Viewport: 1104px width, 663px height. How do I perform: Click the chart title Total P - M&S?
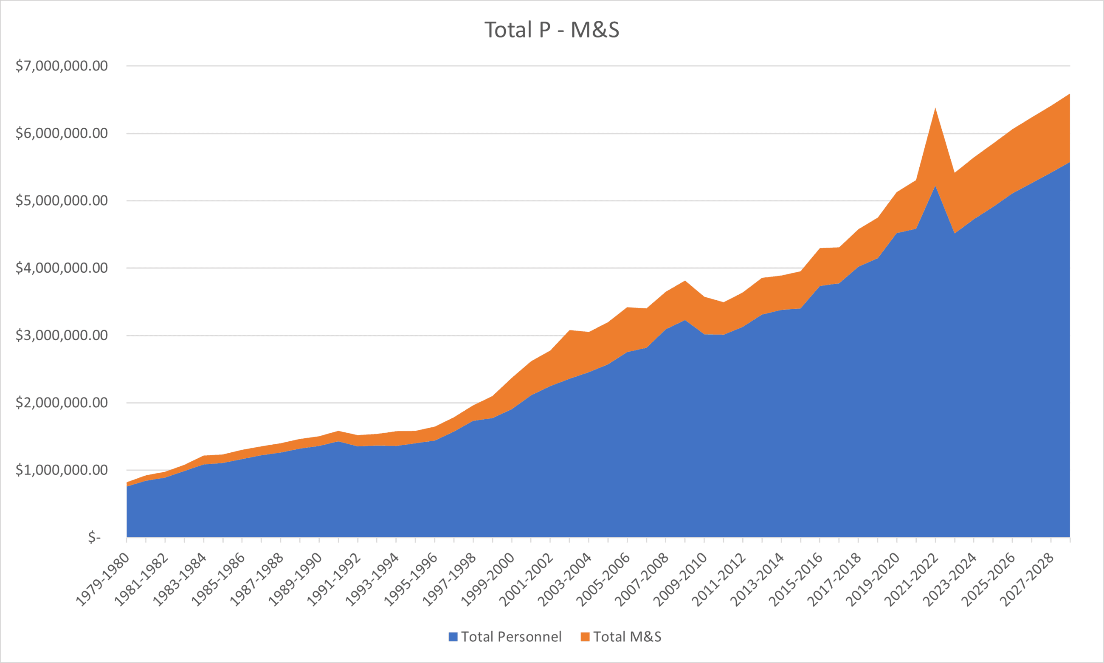pos(552,30)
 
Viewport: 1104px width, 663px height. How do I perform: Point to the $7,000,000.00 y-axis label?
pos(62,66)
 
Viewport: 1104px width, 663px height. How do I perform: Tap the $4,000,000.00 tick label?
pos(62,268)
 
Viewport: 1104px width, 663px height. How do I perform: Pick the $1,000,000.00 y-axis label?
pos(62,470)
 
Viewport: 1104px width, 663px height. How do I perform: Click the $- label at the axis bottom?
pos(94,537)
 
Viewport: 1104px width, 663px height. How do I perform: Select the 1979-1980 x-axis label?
pos(103,580)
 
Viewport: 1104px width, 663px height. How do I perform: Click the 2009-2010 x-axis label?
pos(680,580)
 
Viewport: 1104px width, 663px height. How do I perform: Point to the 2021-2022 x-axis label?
pos(912,580)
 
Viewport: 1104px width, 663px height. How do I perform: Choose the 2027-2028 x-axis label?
pos(1027,580)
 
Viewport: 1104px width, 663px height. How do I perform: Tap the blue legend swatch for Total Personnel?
pos(453,637)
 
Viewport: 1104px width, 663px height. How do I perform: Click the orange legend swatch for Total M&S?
pos(585,637)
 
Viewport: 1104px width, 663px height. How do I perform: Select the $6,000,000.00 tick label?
pos(62,133)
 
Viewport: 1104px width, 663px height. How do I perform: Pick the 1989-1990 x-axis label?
pos(295,580)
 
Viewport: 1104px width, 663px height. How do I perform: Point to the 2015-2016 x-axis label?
pos(796,580)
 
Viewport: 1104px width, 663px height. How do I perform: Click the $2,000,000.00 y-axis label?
pos(62,403)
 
